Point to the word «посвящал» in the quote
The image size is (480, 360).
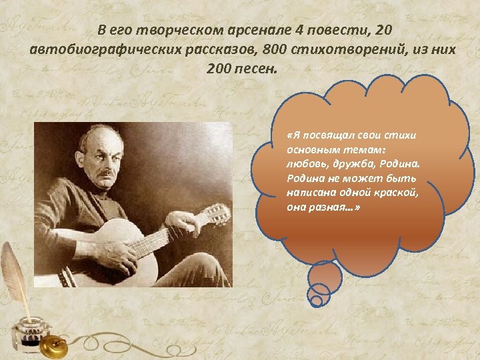pyautogui.click(x=322, y=135)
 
